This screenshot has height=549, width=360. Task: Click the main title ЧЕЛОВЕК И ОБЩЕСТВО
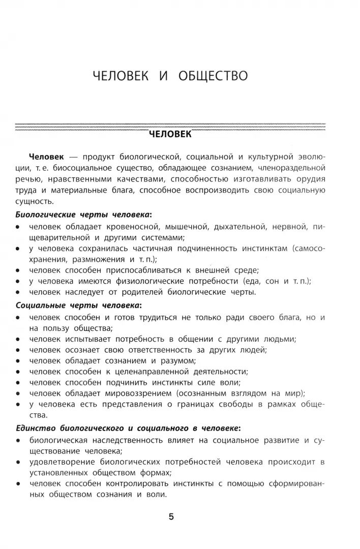point(170,76)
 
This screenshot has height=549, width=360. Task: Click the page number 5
point(171,517)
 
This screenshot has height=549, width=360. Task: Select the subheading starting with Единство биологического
point(128,429)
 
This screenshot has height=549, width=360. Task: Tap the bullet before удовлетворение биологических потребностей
point(18,463)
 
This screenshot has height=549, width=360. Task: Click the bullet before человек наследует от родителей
point(18,292)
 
